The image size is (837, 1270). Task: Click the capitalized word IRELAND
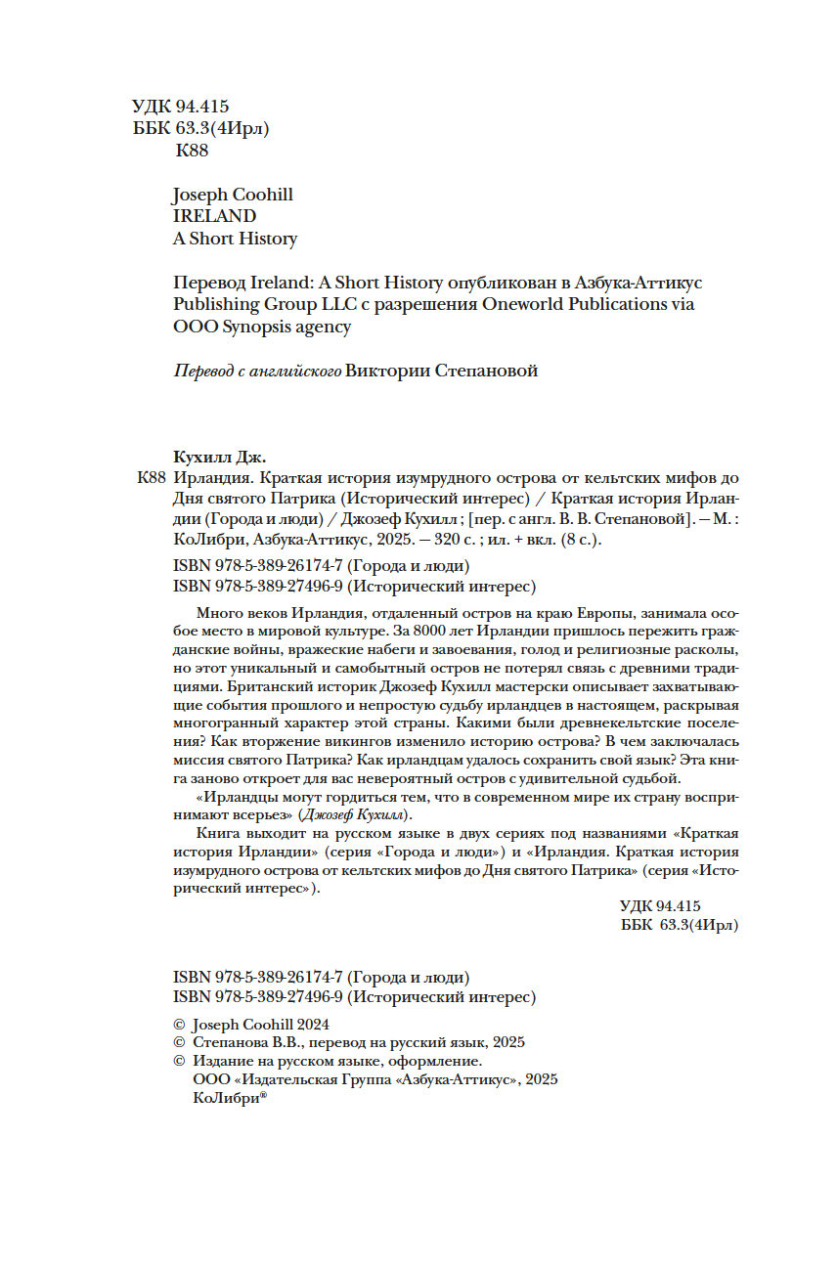click(x=213, y=216)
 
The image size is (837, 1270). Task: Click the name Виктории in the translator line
click(x=389, y=371)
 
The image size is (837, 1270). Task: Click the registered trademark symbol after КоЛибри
click(x=263, y=1095)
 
